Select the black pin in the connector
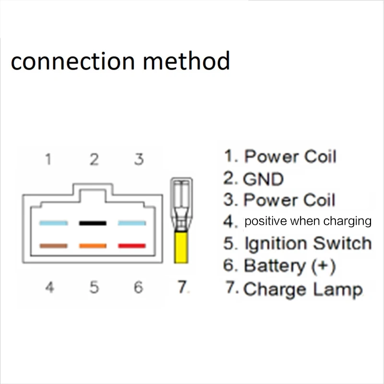point(93,223)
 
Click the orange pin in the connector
point(93,246)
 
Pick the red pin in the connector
point(132,246)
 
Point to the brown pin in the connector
point(53,246)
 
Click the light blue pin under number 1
point(53,223)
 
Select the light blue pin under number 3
point(132,223)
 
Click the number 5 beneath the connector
point(94,288)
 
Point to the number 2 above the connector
point(94,159)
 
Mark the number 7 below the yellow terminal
point(181,288)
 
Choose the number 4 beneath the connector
point(49,288)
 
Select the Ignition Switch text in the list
point(307,243)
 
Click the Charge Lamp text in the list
point(302,289)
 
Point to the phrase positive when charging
point(308,221)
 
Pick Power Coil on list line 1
point(290,156)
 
